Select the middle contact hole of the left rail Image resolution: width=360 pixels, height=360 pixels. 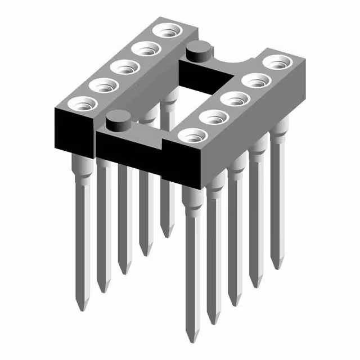pyautogui.click(x=124, y=66)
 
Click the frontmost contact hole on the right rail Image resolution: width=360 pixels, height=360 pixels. pyautogui.click(x=192, y=135)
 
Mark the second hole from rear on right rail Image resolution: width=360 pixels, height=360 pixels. pyautogui.click(x=254, y=80)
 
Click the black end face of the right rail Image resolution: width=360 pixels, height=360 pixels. pyautogui.click(x=183, y=163)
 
